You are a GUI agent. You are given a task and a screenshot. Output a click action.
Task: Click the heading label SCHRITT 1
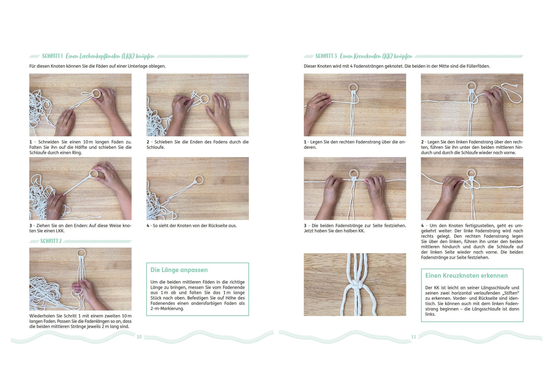click(52, 56)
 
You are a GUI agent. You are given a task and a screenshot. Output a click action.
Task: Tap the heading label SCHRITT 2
click(51, 241)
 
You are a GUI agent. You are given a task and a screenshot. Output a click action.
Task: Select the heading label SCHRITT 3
click(326, 56)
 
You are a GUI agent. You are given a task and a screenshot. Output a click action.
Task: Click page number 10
click(139, 337)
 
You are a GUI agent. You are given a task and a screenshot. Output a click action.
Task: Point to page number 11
click(414, 337)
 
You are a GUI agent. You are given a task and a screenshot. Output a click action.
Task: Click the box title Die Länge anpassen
click(179, 270)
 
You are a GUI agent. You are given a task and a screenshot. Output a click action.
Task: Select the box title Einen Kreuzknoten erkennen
click(466, 276)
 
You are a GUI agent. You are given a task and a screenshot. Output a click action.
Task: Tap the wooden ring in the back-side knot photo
click(199, 180)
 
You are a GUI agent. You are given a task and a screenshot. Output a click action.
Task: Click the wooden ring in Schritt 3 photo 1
click(354, 88)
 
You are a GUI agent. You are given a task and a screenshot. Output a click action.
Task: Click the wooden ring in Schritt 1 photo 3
click(93, 174)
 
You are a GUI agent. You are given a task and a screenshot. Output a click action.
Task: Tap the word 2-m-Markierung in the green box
click(167, 308)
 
